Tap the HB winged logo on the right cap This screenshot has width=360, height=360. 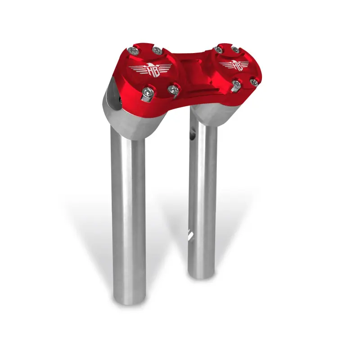[x=235, y=64]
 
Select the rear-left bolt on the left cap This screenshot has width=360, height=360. [x=132, y=51]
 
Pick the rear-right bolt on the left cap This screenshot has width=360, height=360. [x=157, y=49]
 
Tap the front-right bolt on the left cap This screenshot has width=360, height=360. [x=173, y=90]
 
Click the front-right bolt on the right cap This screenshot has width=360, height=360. [x=254, y=82]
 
